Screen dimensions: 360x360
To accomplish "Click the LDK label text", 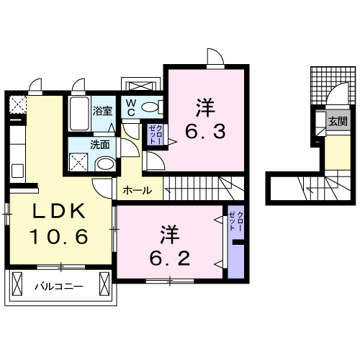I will pyautogui.click(x=60, y=212).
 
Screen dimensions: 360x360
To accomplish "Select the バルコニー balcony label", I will pyautogui.click(x=59, y=287).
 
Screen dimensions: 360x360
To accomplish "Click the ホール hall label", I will pyautogui.click(x=137, y=191).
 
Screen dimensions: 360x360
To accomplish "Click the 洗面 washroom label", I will pyautogui.click(x=99, y=144).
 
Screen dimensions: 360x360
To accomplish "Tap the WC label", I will pyautogui.click(x=132, y=107).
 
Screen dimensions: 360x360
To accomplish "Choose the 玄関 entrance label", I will pyautogui.click(x=338, y=121).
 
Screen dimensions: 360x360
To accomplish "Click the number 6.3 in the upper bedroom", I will pyautogui.click(x=207, y=132).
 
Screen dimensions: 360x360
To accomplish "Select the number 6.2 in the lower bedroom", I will pyautogui.click(x=171, y=256).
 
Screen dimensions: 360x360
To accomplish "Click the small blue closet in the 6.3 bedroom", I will pyautogui.click(x=153, y=135).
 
